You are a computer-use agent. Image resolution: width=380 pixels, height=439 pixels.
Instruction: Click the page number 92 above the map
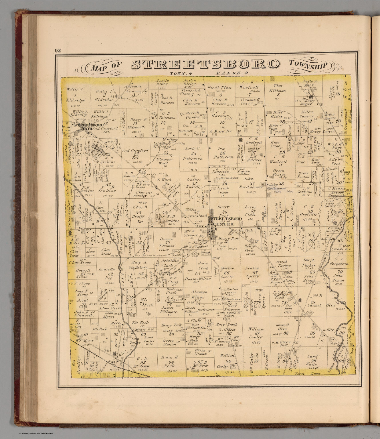point(58,51)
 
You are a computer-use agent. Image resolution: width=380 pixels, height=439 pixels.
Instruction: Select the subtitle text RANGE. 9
point(233,73)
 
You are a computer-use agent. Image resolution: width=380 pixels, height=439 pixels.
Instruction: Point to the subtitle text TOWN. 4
point(181,73)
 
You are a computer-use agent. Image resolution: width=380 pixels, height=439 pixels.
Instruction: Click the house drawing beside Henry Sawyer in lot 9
point(313,97)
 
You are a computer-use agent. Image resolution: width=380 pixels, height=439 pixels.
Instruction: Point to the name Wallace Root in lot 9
point(310,83)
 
